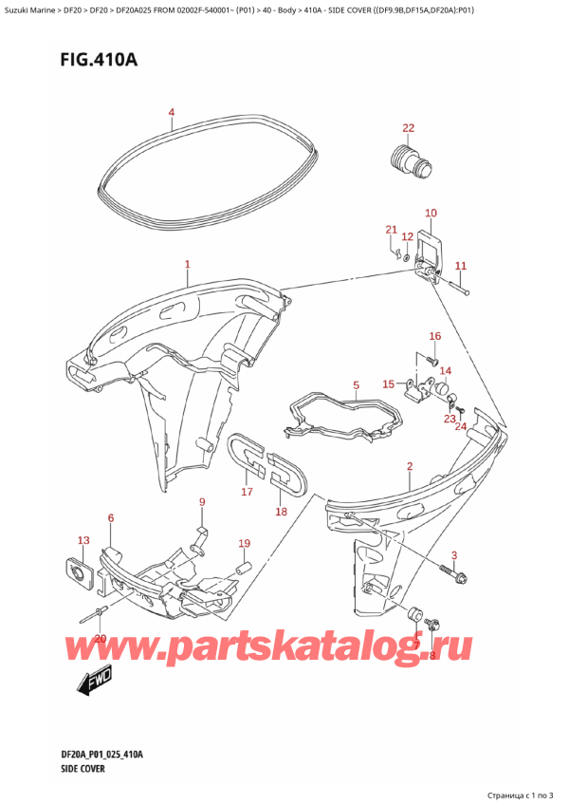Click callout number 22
tap(408, 128)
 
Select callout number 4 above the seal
tap(172, 114)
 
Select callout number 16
tap(434, 336)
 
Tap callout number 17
tap(247, 492)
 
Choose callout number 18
tap(281, 512)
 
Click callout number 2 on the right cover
tap(409, 466)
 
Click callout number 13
tap(83, 540)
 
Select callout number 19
tap(244, 543)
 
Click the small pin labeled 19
tap(241, 567)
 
